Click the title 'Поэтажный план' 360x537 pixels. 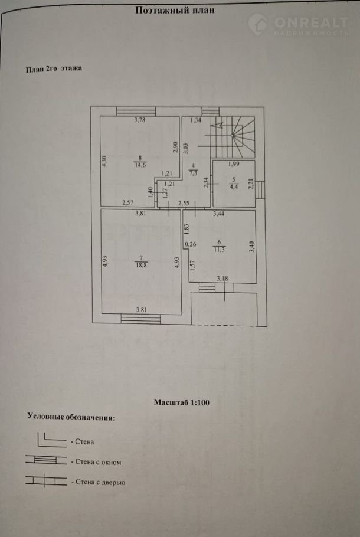point(174,10)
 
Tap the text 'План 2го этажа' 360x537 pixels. point(53,68)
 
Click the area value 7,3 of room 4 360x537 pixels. point(193,173)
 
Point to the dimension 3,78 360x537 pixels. point(139,121)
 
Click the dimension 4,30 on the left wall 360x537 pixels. point(104,162)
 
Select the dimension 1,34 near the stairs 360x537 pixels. point(197,121)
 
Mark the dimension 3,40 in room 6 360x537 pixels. point(251,246)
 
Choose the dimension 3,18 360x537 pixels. point(222,279)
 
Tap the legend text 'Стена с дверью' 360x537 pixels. point(98,482)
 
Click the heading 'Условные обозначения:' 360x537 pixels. point(71,417)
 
